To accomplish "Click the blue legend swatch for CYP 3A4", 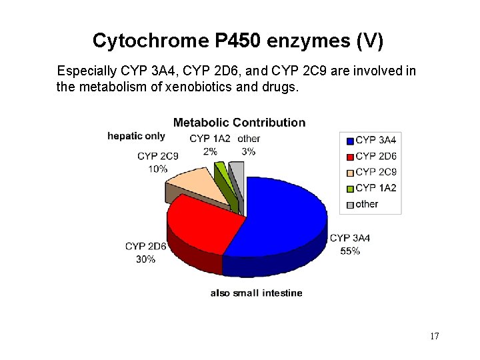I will (349, 141).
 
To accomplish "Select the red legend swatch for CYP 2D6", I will (349, 157).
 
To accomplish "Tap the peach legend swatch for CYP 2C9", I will (349, 173).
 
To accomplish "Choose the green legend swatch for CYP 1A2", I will (349, 189).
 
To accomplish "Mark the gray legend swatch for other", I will (349, 205).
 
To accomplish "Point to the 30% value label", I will (145, 259).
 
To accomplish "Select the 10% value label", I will (158, 169).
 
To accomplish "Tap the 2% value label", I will (210, 151).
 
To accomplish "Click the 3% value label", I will (249, 151).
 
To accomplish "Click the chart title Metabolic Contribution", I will (239, 123).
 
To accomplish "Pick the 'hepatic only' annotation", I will (136, 136).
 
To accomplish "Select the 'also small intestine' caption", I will (256, 293).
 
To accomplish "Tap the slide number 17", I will (434, 336).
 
